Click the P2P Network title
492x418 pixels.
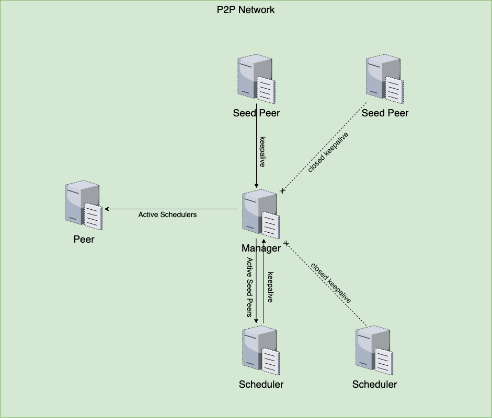coord(246,10)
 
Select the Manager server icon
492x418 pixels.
coord(261,214)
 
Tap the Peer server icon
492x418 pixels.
coord(84,205)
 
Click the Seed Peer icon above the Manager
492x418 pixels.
coord(256,79)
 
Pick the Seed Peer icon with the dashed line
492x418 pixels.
coord(385,79)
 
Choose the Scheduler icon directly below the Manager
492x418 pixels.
coord(261,350)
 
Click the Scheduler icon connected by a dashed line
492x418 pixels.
coord(374,350)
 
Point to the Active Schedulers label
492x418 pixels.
coord(167,214)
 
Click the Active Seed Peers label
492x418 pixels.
coord(249,287)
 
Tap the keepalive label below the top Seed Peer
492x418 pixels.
coord(262,152)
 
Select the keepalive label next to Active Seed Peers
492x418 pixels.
coord(270,287)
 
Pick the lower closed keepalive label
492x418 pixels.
coord(331,283)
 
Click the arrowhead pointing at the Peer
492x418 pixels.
coord(106,209)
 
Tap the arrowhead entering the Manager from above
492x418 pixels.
coord(256,186)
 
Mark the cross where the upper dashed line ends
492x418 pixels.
coord(283,190)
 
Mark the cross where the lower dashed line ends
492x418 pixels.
coord(286,243)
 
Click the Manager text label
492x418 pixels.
coord(261,248)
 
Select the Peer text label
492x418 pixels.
coord(84,239)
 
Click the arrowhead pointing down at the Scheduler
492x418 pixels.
coord(256,321)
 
